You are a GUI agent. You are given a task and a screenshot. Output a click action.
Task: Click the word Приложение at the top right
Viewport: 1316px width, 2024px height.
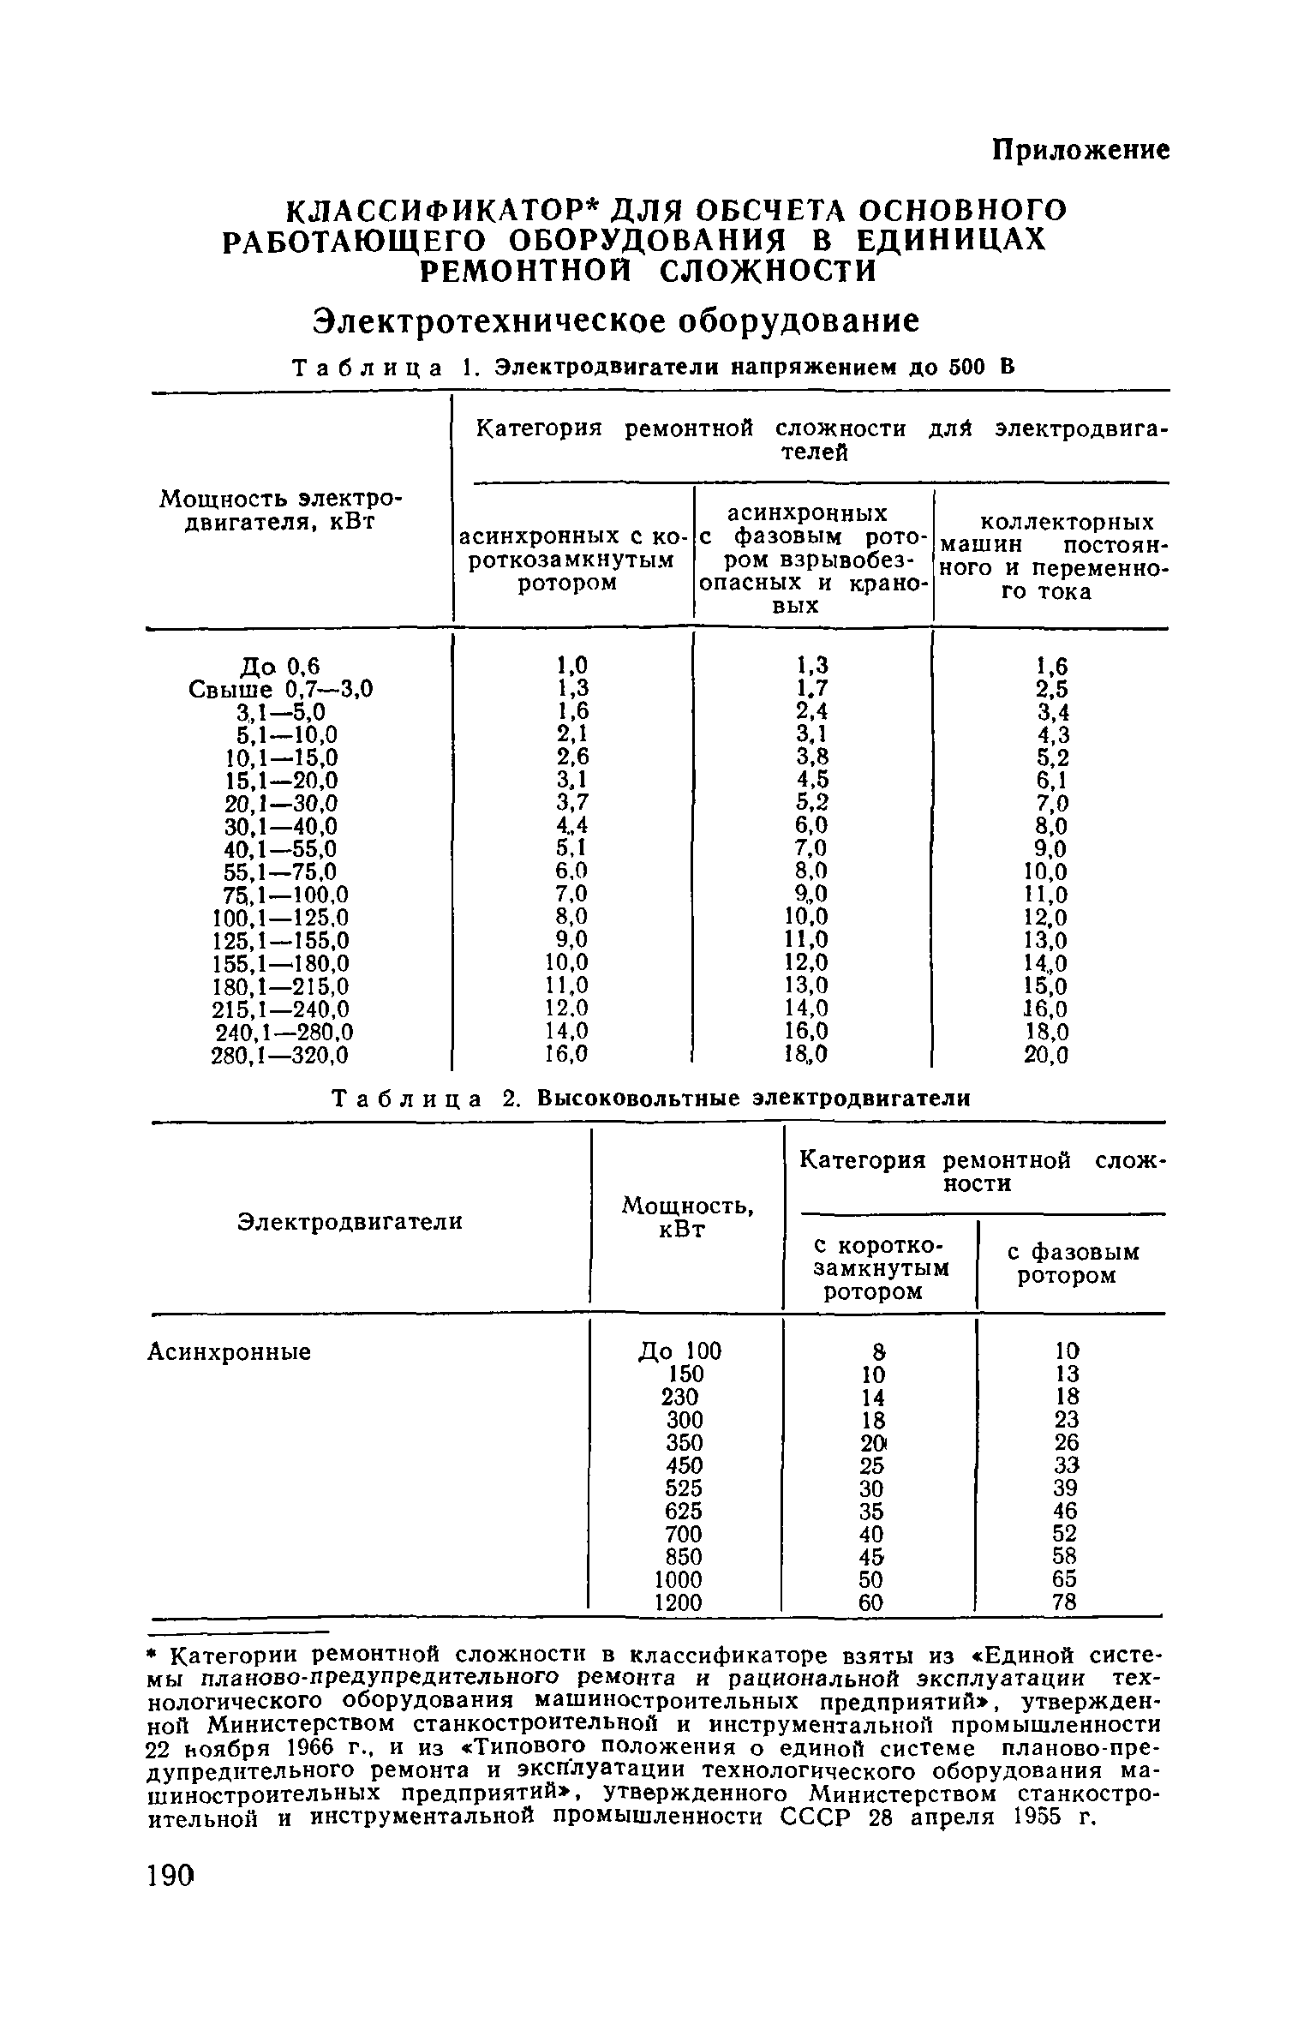point(1080,150)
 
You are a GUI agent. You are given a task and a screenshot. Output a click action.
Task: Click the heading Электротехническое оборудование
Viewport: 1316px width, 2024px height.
point(614,321)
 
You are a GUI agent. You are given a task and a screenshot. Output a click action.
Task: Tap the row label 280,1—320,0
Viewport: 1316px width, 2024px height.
point(280,1056)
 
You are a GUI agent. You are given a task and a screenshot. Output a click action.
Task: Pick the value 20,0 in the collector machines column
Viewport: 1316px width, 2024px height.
point(1046,1057)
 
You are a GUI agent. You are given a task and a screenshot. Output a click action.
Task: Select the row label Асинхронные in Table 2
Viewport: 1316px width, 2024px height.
point(230,1352)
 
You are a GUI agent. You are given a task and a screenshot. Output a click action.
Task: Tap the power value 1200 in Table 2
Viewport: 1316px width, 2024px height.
point(678,1602)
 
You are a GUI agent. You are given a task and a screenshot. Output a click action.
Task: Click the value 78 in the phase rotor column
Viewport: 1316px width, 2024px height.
point(1064,1602)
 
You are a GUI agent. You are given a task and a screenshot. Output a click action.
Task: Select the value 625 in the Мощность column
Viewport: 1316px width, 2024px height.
point(684,1511)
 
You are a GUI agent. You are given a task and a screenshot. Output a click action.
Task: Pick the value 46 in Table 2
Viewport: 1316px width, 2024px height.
point(1065,1511)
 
